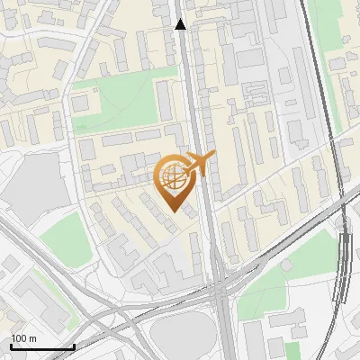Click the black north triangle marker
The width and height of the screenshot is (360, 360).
[x=181, y=25]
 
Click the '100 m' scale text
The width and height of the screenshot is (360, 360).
[x=23, y=338]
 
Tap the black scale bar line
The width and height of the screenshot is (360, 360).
[x=41, y=346]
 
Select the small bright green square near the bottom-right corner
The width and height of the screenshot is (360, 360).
[x=292, y=350]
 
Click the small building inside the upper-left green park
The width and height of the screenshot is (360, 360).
[x=81, y=103]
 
